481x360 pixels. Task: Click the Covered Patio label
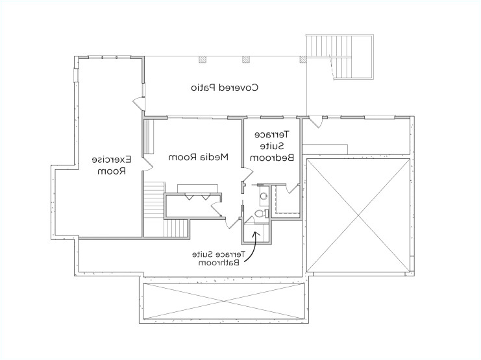click(x=225, y=87)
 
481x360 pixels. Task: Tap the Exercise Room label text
click(x=112, y=165)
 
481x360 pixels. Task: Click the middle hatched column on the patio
click(x=247, y=60)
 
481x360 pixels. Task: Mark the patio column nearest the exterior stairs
click(x=302, y=60)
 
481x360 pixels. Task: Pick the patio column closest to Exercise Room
click(x=203, y=60)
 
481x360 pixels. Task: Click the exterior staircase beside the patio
click(x=340, y=57)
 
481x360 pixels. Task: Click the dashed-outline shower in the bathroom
click(x=284, y=198)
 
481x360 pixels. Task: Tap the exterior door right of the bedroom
click(x=315, y=121)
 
